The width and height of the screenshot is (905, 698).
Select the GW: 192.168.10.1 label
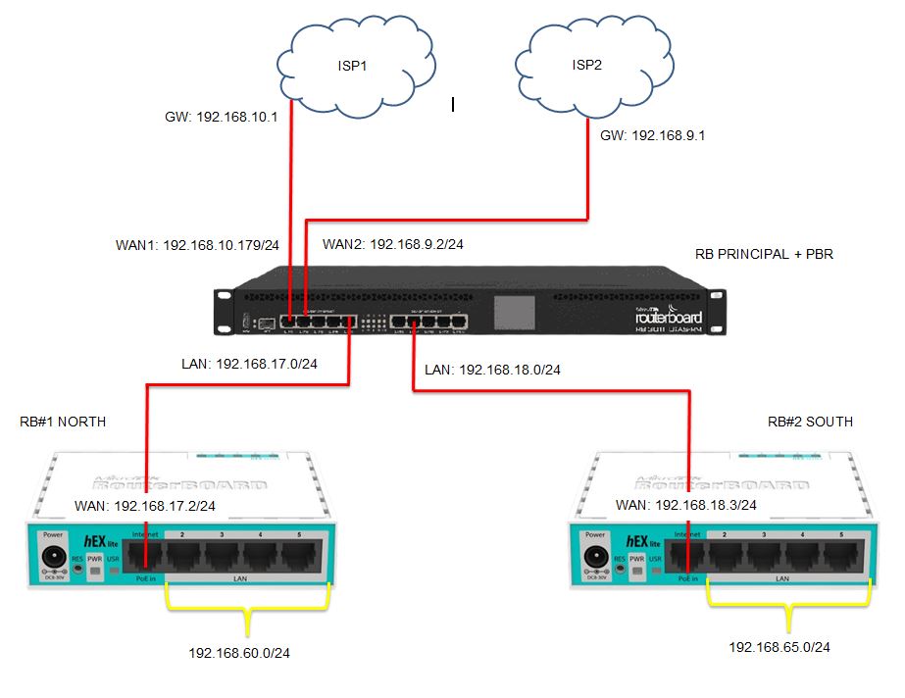[222, 117]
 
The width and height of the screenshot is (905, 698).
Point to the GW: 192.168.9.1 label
[653, 136]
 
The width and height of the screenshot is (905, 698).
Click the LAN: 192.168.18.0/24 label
[496, 371]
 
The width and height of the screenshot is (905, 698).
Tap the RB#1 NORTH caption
[63, 423]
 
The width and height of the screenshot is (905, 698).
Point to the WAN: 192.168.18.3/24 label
[685, 505]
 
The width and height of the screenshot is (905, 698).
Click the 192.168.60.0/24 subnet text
[239, 652]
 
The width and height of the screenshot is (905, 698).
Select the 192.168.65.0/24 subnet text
[779, 647]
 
